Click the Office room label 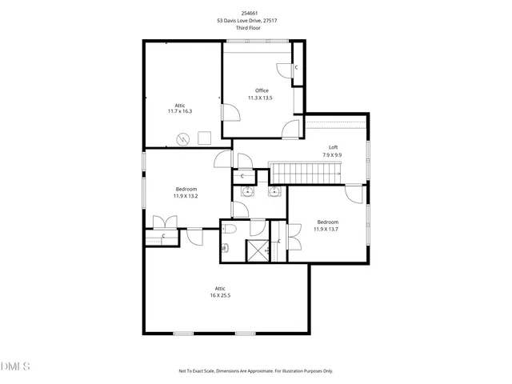(262, 90)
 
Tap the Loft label (334, 147)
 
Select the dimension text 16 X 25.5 (219, 295)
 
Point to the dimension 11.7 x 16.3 (180, 112)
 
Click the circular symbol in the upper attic (183, 139)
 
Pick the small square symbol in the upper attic (204, 138)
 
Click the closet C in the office (297, 67)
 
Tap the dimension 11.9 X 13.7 (328, 229)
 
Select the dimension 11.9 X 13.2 (186, 195)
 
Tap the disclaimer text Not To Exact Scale (201, 371)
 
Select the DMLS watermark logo (15, 366)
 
